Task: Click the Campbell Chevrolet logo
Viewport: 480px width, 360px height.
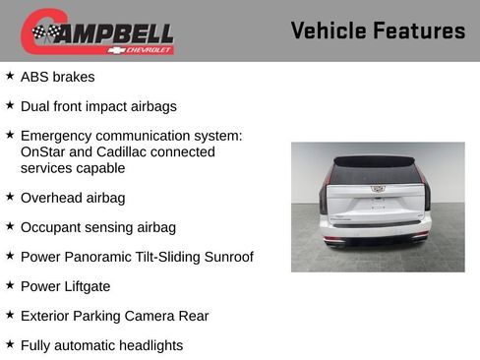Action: (x=97, y=31)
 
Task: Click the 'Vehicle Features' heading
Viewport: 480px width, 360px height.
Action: (x=378, y=30)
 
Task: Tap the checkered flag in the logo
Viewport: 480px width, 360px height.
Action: (x=45, y=33)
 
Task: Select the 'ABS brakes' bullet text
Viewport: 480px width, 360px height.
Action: (x=58, y=76)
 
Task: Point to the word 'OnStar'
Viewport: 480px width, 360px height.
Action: (x=43, y=151)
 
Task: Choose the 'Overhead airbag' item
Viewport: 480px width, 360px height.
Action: (x=73, y=198)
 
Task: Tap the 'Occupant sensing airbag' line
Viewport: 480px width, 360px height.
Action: (x=98, y=227)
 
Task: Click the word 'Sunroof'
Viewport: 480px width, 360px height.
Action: (x=224, y=257)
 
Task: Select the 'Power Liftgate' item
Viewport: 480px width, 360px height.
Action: (x=65, y=286)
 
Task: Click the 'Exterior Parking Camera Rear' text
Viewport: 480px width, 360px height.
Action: (x=114, y=316)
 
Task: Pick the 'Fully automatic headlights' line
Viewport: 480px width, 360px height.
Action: (x=101, y=345)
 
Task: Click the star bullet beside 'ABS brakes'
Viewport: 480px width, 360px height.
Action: (x=10, y=75)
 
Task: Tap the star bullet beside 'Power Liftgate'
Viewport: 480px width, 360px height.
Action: (x=10, y=285)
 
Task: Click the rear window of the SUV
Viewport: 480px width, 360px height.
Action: (x=378, y=173)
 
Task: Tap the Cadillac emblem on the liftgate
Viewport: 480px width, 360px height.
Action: (x=378, y=188)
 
